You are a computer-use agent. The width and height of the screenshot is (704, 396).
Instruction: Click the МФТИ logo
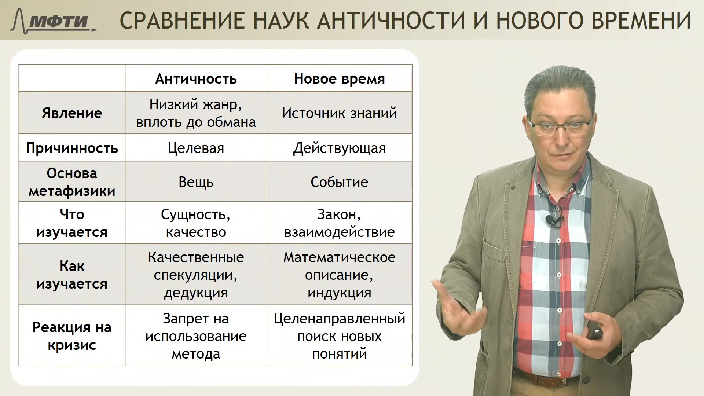[x=54, y=21]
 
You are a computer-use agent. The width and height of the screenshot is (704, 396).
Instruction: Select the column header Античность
[x=196, y=79]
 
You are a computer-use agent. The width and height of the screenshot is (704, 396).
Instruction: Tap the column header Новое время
[x=339, y=79]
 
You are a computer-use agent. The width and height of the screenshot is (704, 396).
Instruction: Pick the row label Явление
[x=72, y=113]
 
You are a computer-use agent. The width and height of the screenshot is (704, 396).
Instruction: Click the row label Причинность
[x=72, y=148]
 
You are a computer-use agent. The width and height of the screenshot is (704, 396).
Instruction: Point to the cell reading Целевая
[x=196, y=148]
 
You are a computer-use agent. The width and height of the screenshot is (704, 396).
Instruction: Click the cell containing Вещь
[x=196, y=182]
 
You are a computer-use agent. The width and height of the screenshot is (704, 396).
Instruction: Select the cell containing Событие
[x=339, y=182]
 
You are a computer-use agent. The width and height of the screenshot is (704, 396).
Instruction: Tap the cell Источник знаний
[x=339, y=113]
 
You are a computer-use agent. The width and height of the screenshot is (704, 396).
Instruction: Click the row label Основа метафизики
[x=72, y=182]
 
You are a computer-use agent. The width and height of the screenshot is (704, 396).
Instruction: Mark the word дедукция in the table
[x=196, y=293]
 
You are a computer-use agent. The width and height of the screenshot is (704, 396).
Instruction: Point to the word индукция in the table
[x=339, y=293]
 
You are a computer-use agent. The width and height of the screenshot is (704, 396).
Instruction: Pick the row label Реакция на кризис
[x=72, y=336]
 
